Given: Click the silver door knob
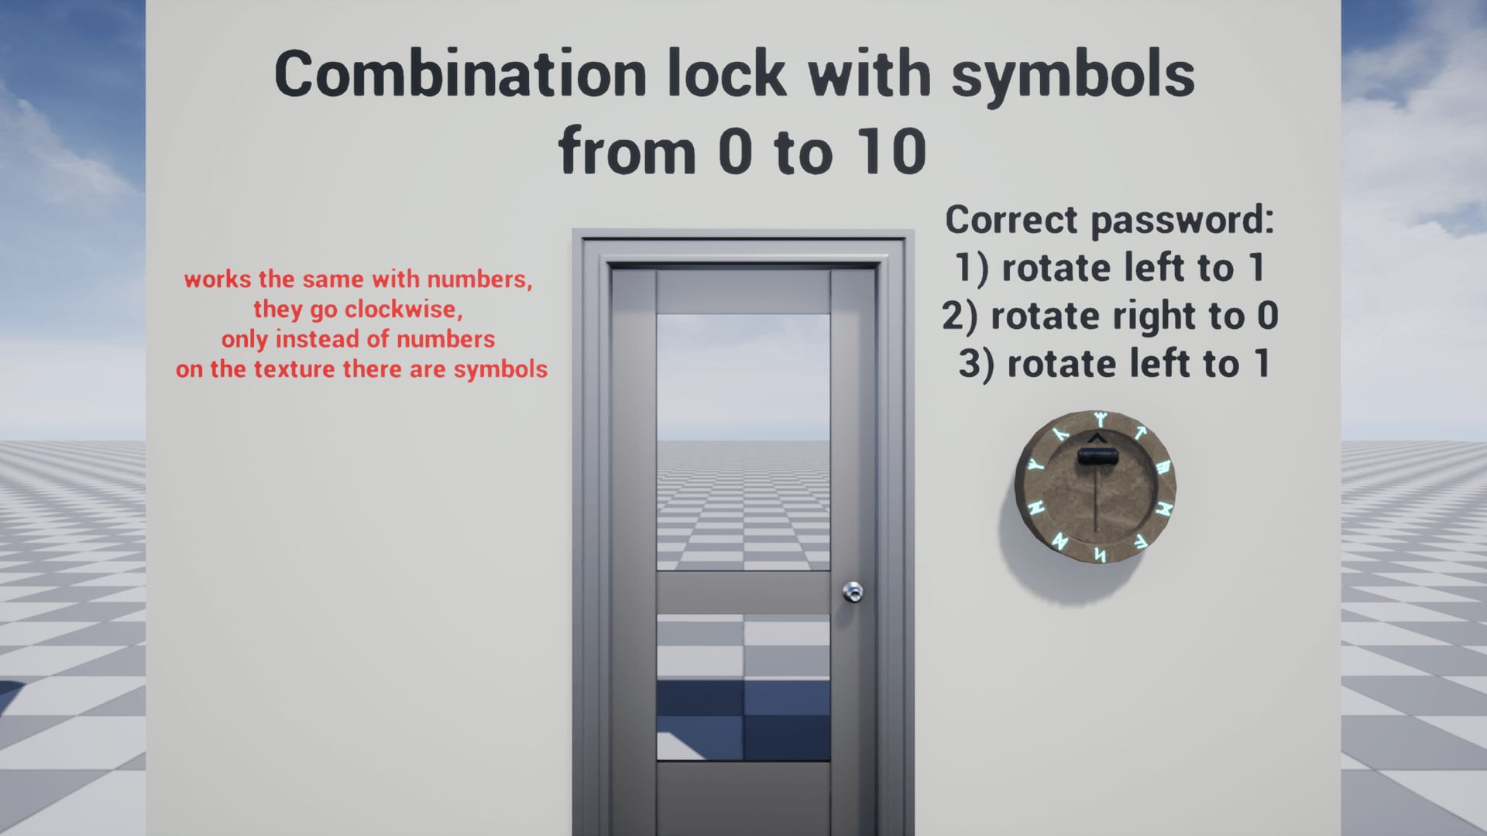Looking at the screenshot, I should coord(853,592).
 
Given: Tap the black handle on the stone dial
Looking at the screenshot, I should coord(1097,457).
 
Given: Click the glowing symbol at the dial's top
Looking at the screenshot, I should coord(1100,420).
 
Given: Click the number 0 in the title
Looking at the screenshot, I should coord(735,152).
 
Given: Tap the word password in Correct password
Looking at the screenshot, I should coord(1182,221).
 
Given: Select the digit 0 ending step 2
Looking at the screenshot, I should coord(1267,316).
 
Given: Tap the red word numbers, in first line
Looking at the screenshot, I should coord(479,279).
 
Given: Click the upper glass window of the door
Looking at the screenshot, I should coord(743,441).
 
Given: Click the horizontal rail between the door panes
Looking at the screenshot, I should coord(743,592).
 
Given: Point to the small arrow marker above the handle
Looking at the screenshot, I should coord(1097,439).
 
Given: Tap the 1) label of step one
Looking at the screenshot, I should coord(971,269).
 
